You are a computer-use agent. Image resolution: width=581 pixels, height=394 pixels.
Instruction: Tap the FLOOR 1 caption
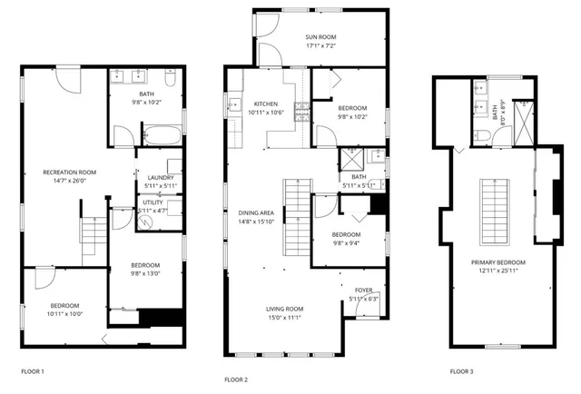coord(32,371)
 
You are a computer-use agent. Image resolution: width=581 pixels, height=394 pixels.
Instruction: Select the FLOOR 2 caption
coord(235,379)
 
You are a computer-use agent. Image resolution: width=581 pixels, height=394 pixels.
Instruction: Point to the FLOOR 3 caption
coord(461,371)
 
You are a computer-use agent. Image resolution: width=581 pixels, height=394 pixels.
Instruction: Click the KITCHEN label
coord(266,103)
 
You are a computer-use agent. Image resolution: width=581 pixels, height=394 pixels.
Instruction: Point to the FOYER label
coord(363,291)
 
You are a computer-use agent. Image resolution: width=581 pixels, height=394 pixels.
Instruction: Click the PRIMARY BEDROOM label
coord(498,262)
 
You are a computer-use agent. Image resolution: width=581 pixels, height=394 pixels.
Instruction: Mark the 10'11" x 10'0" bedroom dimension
coord(64,314)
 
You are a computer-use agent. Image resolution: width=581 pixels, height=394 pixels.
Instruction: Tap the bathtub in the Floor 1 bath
coord(163,137)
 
